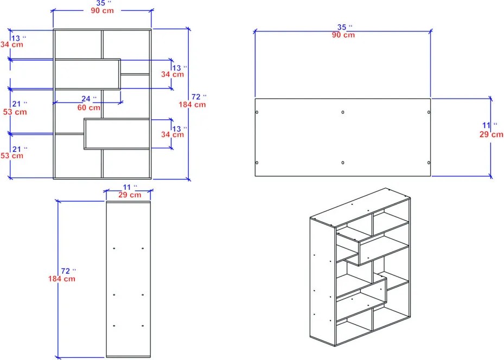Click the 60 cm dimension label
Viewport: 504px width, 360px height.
(x=89, y=107)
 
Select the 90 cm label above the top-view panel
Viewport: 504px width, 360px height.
(x=343, y=35)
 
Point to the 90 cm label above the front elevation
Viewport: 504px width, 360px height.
(x=102, y=11)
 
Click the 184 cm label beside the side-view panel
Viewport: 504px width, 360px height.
(x=62, y=279)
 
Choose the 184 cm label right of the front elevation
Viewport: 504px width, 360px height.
(x=192, y=105)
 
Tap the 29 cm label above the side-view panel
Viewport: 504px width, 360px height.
(x=130, y=195)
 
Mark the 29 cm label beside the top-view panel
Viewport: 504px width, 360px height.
(x=492, y=134)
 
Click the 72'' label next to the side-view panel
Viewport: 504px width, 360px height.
(x=68, y=271)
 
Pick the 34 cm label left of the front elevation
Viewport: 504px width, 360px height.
(x=12, y=44)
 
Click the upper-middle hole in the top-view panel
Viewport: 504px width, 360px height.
(x=343, y=112)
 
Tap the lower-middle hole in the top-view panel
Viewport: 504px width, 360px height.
(x=343, y=163)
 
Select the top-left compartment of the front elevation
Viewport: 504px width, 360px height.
(x=78, y=44)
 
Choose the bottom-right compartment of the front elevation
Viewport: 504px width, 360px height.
(x=126, y=163)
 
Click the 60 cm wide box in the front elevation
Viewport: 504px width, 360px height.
(x=87, y=74)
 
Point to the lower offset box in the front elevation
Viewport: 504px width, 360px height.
(x=117, y=134)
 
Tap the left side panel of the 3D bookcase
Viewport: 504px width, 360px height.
(x=323, y=282)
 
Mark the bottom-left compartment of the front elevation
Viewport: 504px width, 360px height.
(x=78, y=156)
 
